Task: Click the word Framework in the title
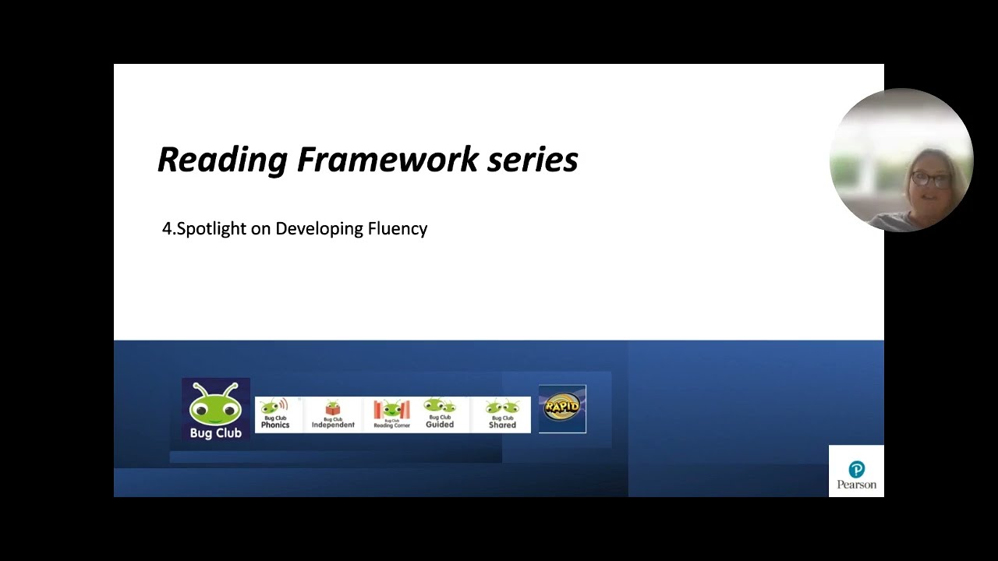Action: (x=388, y=160)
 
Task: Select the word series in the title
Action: (x=533, y=160)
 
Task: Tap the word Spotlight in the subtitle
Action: (x=212, y=229)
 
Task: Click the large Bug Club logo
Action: (x=216, y=410)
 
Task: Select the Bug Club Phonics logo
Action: (x=275, y=415)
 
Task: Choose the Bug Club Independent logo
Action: (x=333, y=415)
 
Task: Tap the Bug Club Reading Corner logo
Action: (x=391, y=415)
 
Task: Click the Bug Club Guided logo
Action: (x=440, y=415)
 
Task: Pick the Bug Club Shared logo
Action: (x=502, y=415)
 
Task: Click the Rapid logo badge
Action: (x=562, y=408)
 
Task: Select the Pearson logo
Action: (x=856, y=471)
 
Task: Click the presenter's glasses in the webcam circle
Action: (x=931, y=180)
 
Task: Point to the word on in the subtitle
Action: (x=260, y=229)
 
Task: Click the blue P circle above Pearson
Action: (x=856, y=469)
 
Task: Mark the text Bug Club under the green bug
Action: (x=216, y=433)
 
